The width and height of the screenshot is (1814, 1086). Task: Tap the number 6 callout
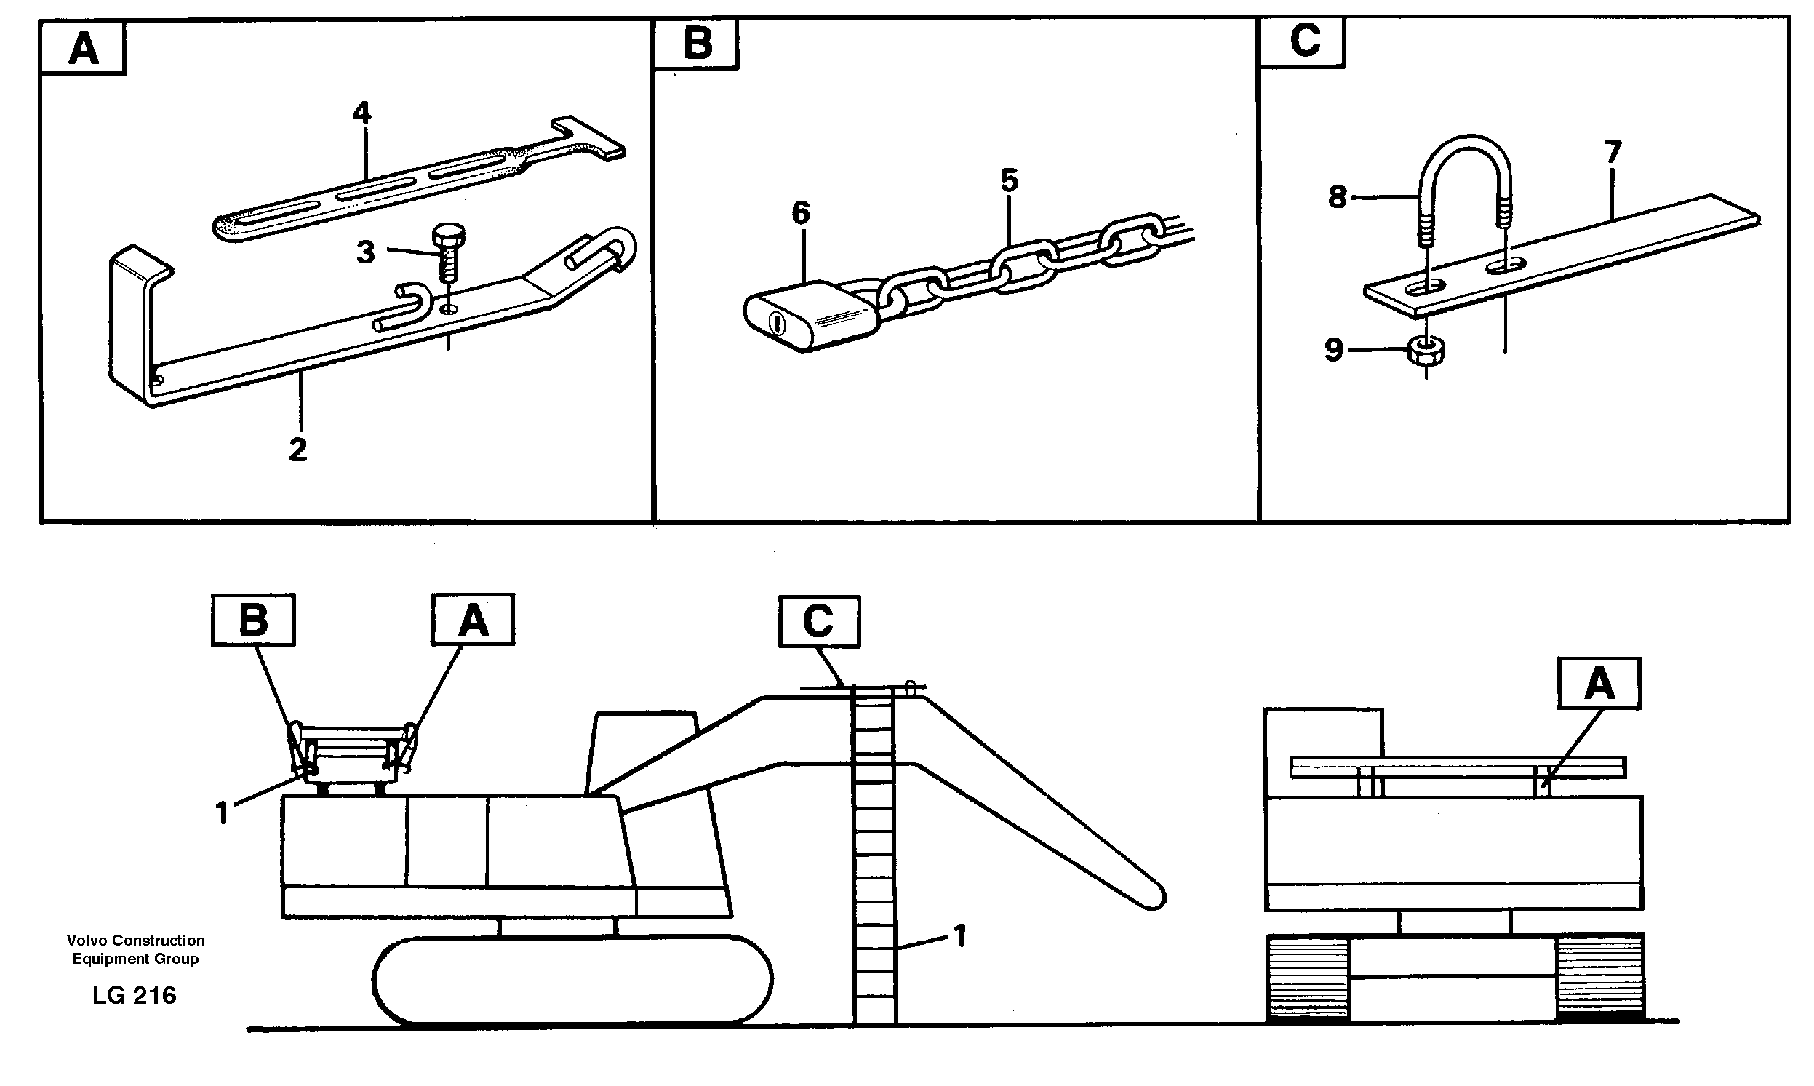click(x=801, y=214)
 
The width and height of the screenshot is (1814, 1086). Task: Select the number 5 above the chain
click(x=1009, y=180)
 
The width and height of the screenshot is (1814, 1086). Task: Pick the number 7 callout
click(x=1613, y=152)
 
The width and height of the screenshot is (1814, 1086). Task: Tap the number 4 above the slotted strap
click(x=361, y=113)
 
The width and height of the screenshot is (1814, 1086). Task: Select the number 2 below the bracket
click(x=297, y=450)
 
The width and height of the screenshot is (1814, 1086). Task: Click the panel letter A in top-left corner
click(x=84, y=49)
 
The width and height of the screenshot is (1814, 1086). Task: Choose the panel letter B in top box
click(x=697, y=43)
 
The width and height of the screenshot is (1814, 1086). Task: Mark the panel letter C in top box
click(x=1305, y=41)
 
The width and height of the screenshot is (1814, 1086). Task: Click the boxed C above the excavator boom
click(x=818, y=622)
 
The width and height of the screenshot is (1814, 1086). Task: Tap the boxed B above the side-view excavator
click(x=253, y=620)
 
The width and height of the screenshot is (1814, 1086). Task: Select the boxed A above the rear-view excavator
click(x=1599, y=684)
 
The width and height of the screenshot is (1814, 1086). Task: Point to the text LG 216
click(x=134, y=995)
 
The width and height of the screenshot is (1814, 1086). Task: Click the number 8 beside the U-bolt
click(x=1337, y=197)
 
